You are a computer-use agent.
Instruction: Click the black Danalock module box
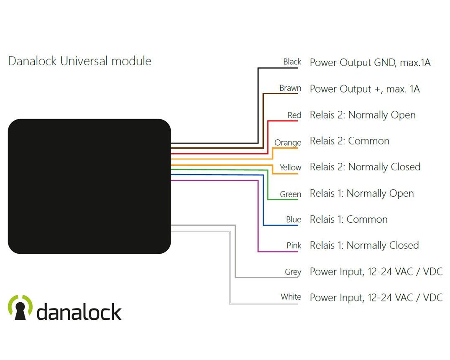89,186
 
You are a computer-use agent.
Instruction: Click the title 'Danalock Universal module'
79,61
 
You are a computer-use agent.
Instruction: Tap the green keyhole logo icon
20,308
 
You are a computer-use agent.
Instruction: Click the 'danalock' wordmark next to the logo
79,312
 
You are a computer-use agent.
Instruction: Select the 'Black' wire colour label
292,62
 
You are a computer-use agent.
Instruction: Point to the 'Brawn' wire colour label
290,88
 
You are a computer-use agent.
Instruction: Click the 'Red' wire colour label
294,115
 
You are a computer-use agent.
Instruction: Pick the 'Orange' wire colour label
288,143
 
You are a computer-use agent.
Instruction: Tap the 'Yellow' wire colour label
290,167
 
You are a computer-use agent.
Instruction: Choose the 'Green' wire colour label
290,194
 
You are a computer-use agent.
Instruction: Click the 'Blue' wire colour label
294,220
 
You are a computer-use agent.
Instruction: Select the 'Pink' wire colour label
294,246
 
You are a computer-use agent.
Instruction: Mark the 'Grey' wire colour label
293,272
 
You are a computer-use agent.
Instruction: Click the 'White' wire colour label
291,297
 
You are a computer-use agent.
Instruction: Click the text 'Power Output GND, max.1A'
370,63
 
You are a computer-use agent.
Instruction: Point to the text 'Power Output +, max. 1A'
364,89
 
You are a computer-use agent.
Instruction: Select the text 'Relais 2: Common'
349,141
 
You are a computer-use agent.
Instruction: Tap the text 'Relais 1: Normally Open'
361,193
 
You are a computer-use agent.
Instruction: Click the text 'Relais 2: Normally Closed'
365,167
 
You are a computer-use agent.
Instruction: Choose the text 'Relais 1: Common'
348,219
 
